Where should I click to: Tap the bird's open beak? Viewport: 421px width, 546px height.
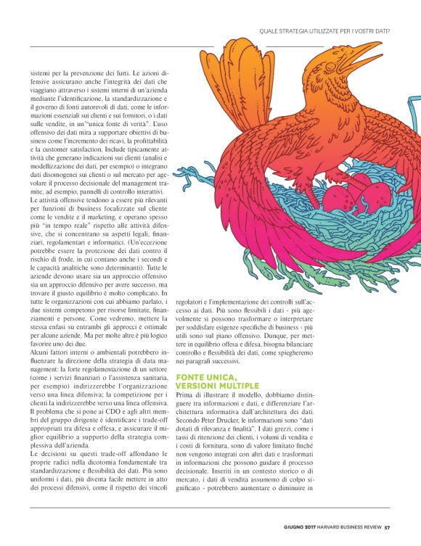tap(363, 57)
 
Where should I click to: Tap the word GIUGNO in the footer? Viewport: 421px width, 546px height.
tap(296, 527)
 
